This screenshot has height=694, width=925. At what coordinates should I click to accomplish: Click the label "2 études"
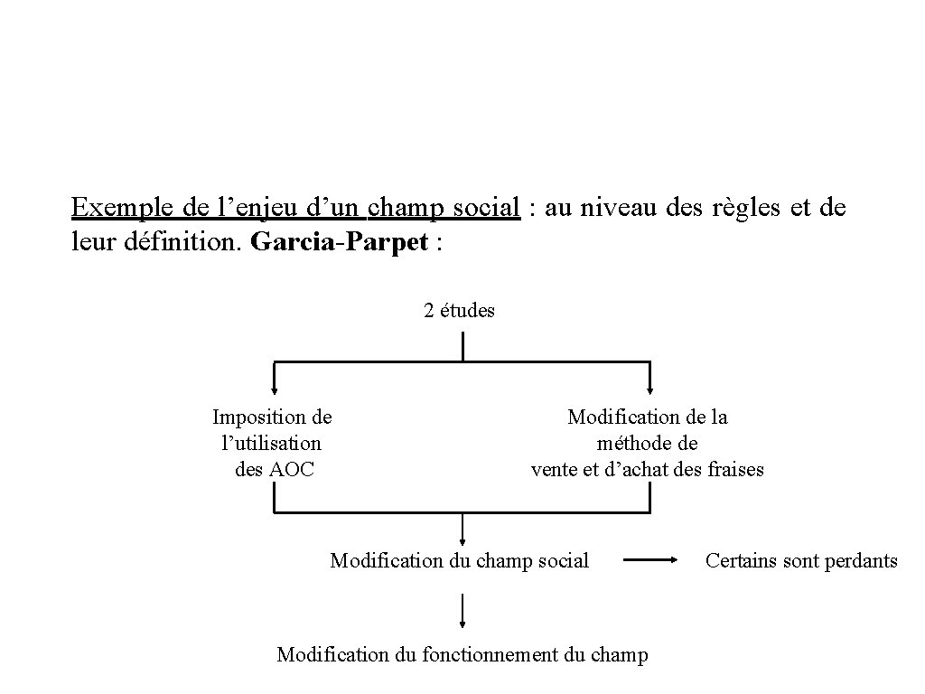tap(459, 311)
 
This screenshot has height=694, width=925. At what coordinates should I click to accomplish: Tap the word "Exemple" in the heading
tap(124, 208)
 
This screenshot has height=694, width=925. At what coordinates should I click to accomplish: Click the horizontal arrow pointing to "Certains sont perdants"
tap(651, 560)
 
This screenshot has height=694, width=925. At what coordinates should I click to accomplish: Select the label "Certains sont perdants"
tap(801, 561)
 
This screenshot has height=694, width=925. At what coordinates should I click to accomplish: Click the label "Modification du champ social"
tap(459, 561)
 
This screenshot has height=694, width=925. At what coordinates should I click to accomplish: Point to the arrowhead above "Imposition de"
tap(275, 390)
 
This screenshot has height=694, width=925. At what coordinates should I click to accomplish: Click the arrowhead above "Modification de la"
tap(649, 390)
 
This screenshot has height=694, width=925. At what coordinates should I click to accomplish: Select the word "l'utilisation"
tap(272, 443)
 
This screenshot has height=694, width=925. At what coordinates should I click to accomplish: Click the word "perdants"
tap(860, 561)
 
